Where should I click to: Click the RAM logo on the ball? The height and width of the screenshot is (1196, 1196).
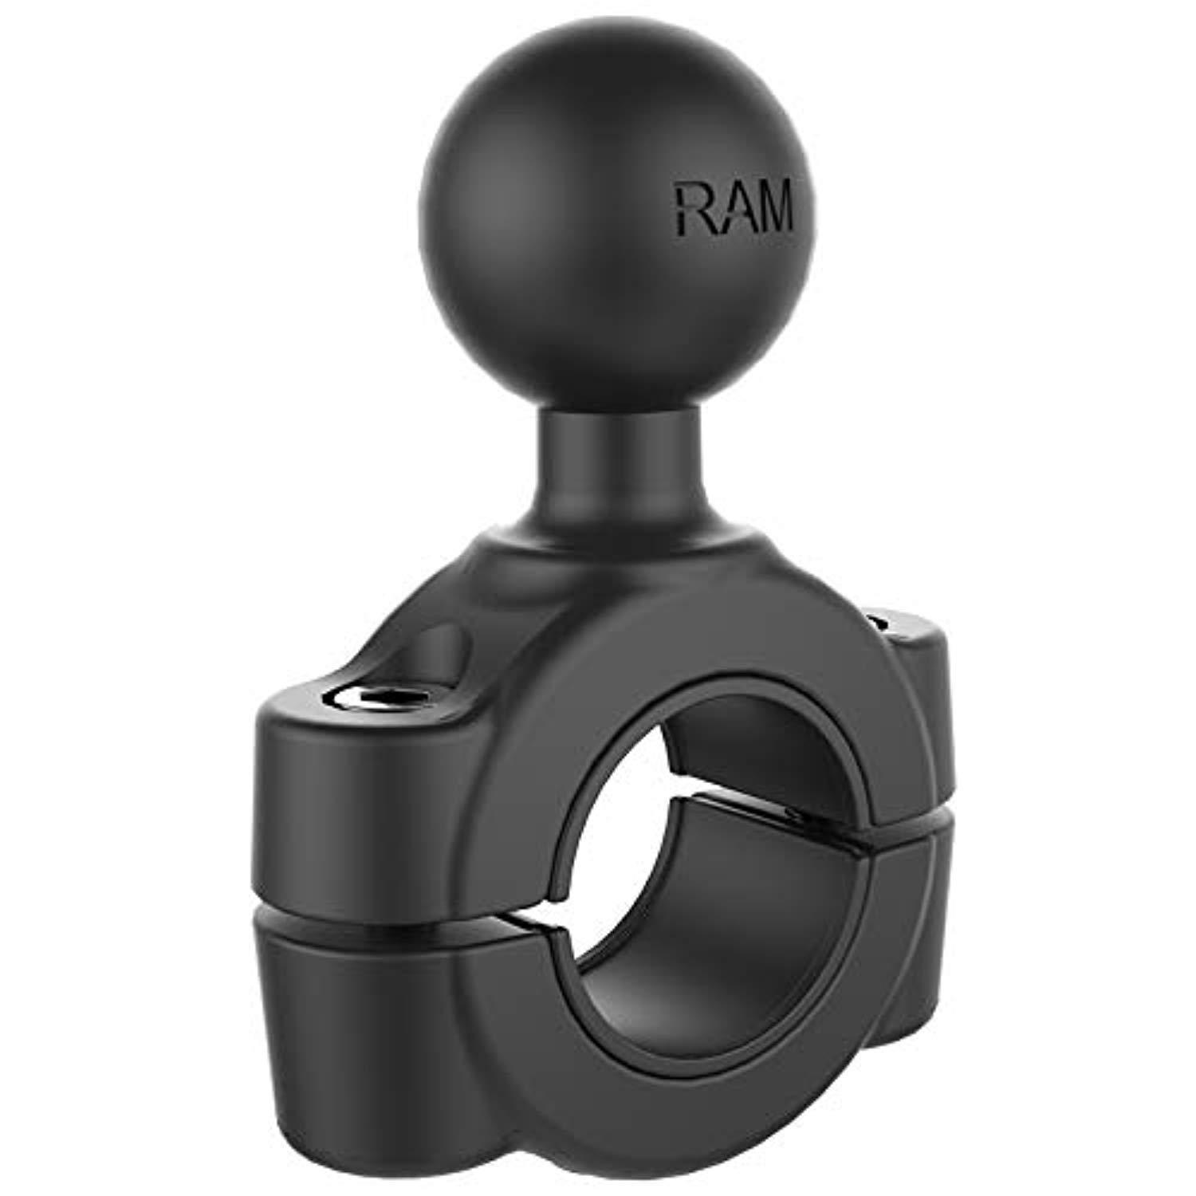coord(734,209)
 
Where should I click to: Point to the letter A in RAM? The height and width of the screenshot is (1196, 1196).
coord(730,209)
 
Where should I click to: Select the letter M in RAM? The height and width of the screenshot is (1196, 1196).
coord(773,209)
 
